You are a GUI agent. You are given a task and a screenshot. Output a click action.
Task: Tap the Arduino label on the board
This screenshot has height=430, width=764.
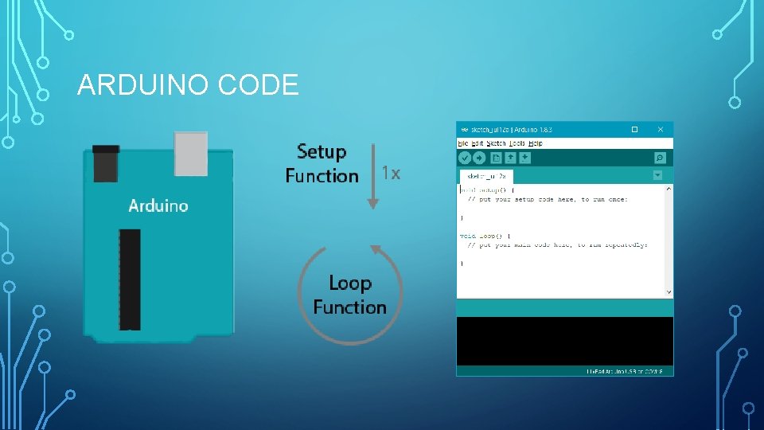click(x=158, y=205)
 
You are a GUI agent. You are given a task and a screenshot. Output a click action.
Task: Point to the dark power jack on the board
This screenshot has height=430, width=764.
click(x=106, y=162)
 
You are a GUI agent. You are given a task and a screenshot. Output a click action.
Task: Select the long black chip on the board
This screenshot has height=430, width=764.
click(x=130, y=279)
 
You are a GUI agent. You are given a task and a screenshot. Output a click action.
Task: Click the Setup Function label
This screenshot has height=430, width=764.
click(x=322, y=163)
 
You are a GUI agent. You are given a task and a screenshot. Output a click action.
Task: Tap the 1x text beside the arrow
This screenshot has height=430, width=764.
click(x=391, y=173)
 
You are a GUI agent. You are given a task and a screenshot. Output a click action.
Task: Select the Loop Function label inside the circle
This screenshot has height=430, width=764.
click(x=349, y=295)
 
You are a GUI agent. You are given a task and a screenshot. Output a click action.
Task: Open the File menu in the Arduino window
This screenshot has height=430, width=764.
click(x=463, y=143)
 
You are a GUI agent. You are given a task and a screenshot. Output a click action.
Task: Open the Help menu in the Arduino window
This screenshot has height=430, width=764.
click(x=536, y=143)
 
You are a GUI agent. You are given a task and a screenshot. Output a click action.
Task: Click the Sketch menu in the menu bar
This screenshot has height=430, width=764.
click(x=496, y=143)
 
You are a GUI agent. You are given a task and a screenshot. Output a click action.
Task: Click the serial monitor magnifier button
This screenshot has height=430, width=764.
click(x=659, y=158)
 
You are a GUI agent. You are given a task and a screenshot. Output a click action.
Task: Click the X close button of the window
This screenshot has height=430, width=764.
click(x=660, y=129)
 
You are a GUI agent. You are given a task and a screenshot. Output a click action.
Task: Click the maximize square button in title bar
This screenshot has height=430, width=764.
click(x=634, y=129)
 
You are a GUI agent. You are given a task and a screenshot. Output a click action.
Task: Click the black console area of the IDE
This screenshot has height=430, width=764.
click(x=564, y=341)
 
